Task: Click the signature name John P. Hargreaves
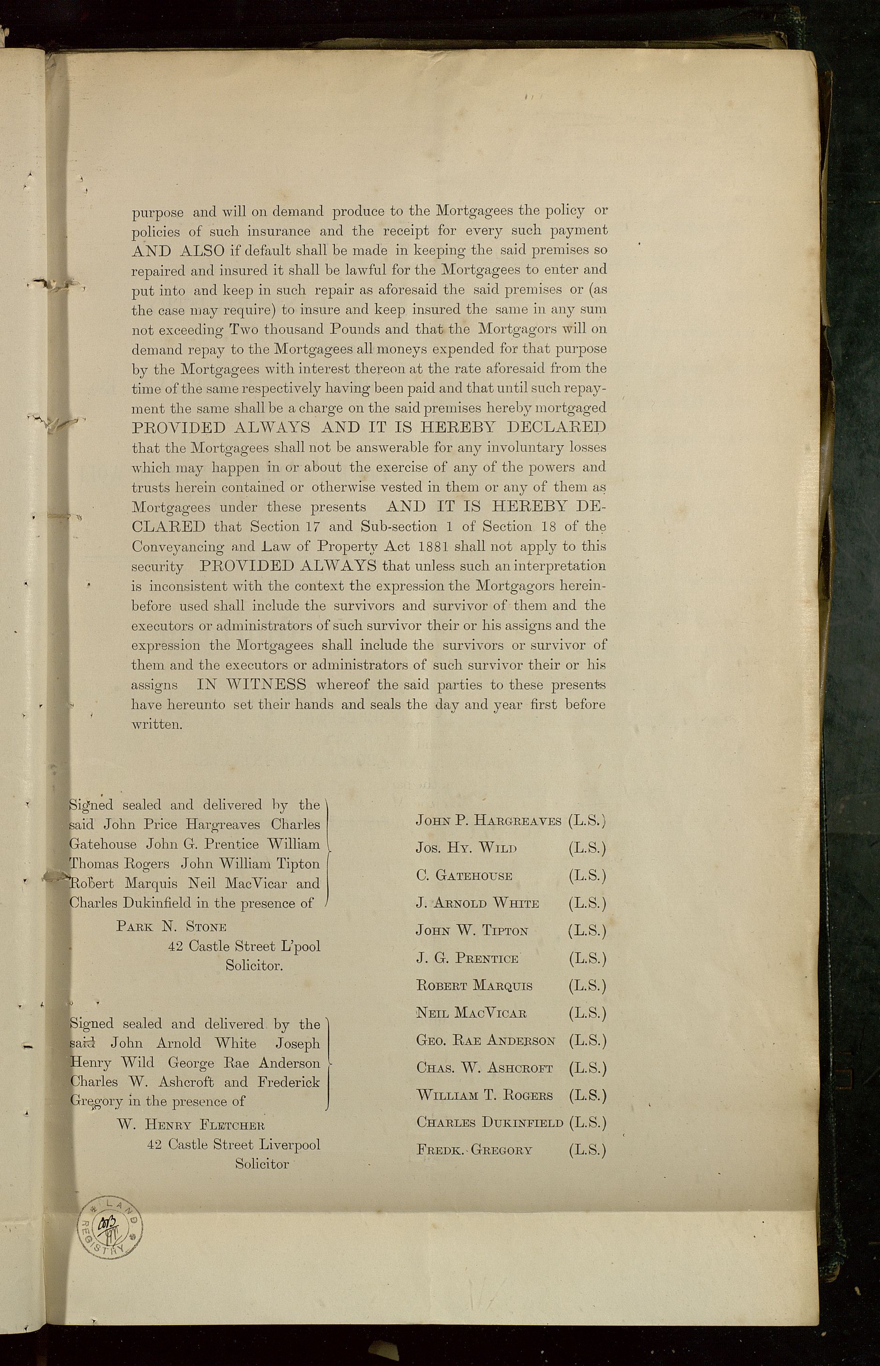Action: pos(488,821)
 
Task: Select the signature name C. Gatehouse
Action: pos(464,875)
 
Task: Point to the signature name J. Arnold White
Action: pos(477,903)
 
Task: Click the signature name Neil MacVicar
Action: pos(472,1013)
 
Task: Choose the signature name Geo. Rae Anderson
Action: pos(486,1041)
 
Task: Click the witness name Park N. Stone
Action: pos(171,926)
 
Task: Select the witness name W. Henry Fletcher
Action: pos(191,1125)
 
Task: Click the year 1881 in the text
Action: pos(436,546)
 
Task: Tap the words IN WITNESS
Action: pos(251,685)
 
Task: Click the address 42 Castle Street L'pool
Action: pos(244,946)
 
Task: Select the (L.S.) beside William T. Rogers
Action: pos(587,1095)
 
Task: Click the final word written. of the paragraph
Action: pos(156,725)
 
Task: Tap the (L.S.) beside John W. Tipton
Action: pos(587,930)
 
